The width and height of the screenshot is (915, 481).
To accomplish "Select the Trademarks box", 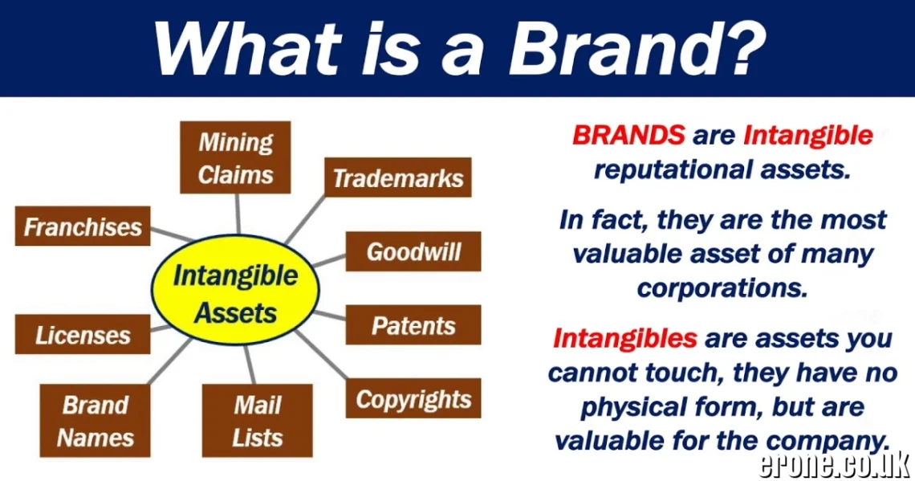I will point(398,177).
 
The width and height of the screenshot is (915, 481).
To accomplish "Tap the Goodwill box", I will point(413,251).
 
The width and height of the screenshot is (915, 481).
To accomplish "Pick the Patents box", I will point(413,325).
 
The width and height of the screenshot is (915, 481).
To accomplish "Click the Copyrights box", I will point(413,398).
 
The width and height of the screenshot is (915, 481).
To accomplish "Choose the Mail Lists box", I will point(257,421).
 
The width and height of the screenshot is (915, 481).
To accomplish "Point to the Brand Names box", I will point(96,421).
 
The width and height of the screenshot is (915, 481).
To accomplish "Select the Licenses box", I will point(83,334).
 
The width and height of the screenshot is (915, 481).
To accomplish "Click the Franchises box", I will point(83,226).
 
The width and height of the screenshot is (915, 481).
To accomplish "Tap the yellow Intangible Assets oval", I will point(236,292).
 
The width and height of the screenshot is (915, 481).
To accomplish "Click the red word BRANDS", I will point(628,135).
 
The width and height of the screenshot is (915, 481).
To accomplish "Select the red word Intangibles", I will point(624,338).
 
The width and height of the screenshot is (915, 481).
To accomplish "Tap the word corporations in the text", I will point(722,287).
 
